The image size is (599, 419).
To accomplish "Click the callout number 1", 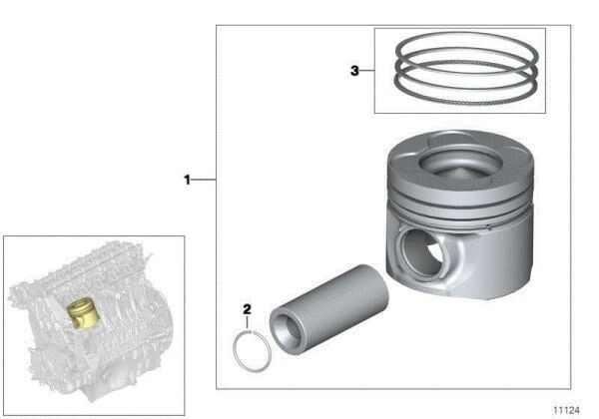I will tap(186, 181).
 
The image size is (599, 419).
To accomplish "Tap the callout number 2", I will tap(246, 309).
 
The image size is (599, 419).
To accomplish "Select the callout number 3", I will tap(354, 71).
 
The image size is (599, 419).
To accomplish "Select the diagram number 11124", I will tap(569, 408).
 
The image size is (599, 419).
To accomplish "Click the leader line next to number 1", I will tap(204, 181).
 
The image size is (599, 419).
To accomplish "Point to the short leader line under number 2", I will tap(246, 322).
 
